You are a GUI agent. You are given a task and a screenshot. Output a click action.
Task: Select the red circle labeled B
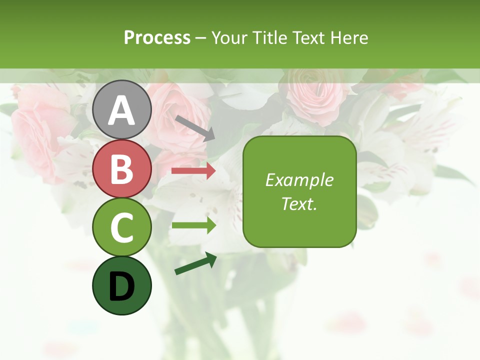(x=122, y=168)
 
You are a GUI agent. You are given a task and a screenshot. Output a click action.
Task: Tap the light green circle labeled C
(x=122, y=227)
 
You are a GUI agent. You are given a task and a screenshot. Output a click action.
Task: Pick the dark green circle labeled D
(x=122, y=286)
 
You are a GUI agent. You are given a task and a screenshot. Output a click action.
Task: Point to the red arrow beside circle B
(x=193, y=171)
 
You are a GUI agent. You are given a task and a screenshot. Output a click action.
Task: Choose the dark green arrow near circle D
(x=195, y=264)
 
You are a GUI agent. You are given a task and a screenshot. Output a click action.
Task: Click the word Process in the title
(x=157, y=37)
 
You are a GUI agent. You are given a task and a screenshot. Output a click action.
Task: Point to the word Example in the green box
(x=299, y=180)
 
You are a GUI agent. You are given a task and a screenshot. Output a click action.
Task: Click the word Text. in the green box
(x=299, y=203)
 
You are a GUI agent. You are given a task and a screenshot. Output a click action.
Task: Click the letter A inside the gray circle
(x=122, y=111)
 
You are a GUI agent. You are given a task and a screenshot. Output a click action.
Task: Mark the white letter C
(x=122, y=227)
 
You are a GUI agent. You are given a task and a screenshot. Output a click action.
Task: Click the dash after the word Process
(x=200, y=38)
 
